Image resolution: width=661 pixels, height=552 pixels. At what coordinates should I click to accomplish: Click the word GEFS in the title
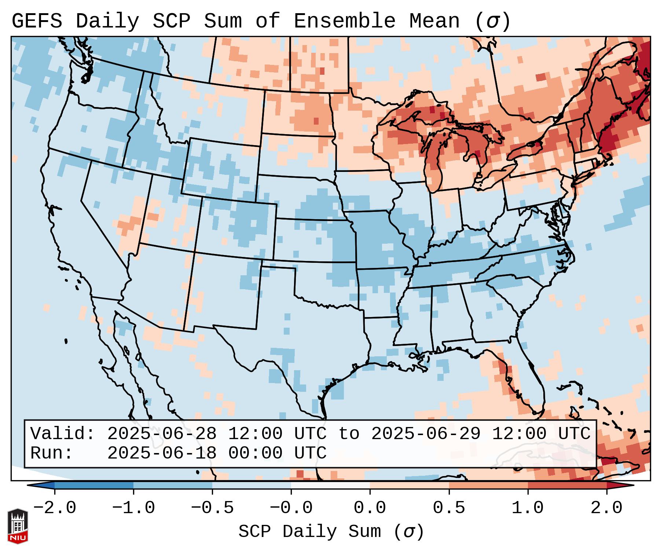(x=37, y=21)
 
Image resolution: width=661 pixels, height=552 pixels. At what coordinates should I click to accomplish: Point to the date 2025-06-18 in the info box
(x=162, y=453)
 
